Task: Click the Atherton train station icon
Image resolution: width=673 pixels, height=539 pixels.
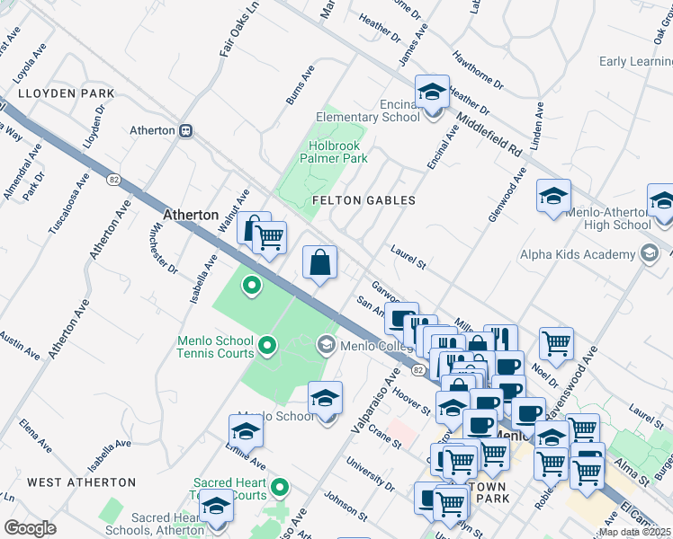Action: (x=186, y=130)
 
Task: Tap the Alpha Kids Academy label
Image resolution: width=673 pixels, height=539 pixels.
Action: (x=571, y=253)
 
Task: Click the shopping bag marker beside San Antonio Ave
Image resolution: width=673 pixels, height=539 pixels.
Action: (x=319, y=263)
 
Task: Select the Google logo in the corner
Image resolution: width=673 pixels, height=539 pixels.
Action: (x=30, y=527)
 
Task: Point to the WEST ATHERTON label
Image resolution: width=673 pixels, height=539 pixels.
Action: (x=82, y=482)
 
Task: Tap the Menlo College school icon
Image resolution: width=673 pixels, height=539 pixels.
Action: (x=326, y=344)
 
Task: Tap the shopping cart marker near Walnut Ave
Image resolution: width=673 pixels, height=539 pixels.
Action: (x=269, y=238)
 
